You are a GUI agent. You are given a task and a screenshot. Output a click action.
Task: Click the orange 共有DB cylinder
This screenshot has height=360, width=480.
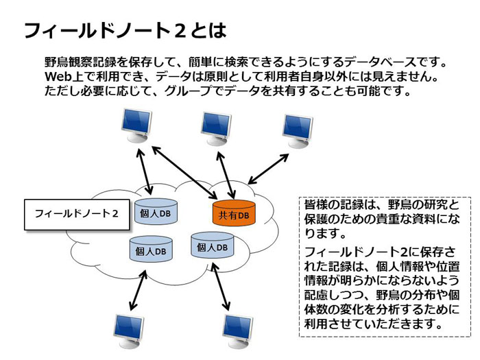pyautogui.click(x=234, y=213)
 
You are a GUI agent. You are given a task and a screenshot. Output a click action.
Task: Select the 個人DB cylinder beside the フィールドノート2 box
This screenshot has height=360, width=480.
pyautogui.click(x=156, y=211)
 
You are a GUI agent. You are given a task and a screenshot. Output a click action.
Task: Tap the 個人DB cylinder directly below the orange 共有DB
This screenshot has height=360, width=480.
pyautogui.click(x=213, y=245)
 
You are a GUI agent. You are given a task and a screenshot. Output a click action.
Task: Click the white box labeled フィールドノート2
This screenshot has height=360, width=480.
pyautogui.click(x=77, y=214)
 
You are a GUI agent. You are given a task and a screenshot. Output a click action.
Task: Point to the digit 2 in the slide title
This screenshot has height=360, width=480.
pyautogui.click(x=180, y=31)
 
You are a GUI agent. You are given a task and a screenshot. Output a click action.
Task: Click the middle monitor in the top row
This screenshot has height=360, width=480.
pyautogui.click(x=216, y=129)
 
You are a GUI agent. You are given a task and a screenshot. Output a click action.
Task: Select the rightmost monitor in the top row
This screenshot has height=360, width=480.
pyautogui.click(x=297, y=131)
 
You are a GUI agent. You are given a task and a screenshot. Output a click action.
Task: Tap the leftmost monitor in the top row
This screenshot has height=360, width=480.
pyautogui.click(x=136, y=125)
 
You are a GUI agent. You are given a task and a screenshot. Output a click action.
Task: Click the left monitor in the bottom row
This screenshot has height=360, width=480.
pyautogui.click(x=129, y=331)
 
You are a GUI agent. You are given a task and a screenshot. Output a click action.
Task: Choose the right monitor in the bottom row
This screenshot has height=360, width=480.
pyautogui.click(x=238, y=331)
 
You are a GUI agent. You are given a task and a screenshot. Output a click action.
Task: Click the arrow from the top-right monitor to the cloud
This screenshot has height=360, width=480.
pyautogui.click(x=268, y=169)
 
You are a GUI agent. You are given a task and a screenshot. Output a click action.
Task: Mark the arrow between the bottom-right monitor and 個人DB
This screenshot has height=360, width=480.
pyautogui.click(x=220, y=286)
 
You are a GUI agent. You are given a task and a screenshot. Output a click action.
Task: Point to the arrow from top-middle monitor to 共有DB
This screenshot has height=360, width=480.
pyautogui.click(x=226, y=176)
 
